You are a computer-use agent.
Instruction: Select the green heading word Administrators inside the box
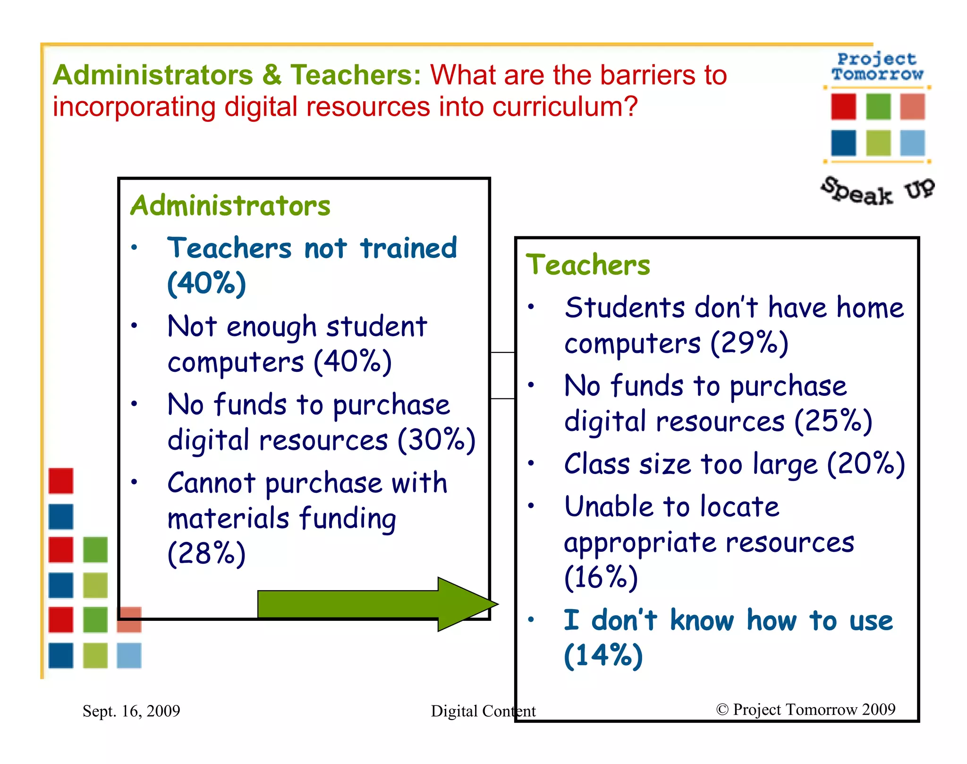pyautogui.click(x=230, y=206)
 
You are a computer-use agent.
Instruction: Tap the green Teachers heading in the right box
pyautogui.click(x=588, y=265)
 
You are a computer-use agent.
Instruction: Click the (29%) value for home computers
pyautogui.click(x=749, y=343)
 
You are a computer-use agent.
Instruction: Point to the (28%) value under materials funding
pyautogui.click(x=206, y=553)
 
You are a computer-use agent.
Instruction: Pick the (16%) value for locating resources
pyautogui.click(x=601, y=577)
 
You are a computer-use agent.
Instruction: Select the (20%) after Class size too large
pyautogui.click(x=866, y=464)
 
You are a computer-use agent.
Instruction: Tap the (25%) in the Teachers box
pyautogui.click(x=833, y=421)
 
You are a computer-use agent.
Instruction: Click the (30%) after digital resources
pyautogui.click(x=437, y=440)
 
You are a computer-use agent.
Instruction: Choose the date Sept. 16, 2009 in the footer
pyautogui.click(x=131, y=711)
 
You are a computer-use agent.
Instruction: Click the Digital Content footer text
pyautogui.click(x=483, y=711)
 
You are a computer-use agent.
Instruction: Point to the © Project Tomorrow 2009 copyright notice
pyautogui.click(x=806, y=709)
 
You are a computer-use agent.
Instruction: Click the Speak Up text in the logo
pyautogui.click(x=878, y=191)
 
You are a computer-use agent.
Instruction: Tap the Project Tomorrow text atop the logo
pyautogui.click(x=877, y=67)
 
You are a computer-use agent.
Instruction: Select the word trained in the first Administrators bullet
pyautogui.click(x=408, y=249)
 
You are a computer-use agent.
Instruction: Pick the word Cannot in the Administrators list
pyautogui.click(x=212, y=483)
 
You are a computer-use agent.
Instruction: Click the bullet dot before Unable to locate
pyautogui.click(x=531, y=506)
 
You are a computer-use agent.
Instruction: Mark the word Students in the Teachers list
pyautogui.click(x=625, y=308)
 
